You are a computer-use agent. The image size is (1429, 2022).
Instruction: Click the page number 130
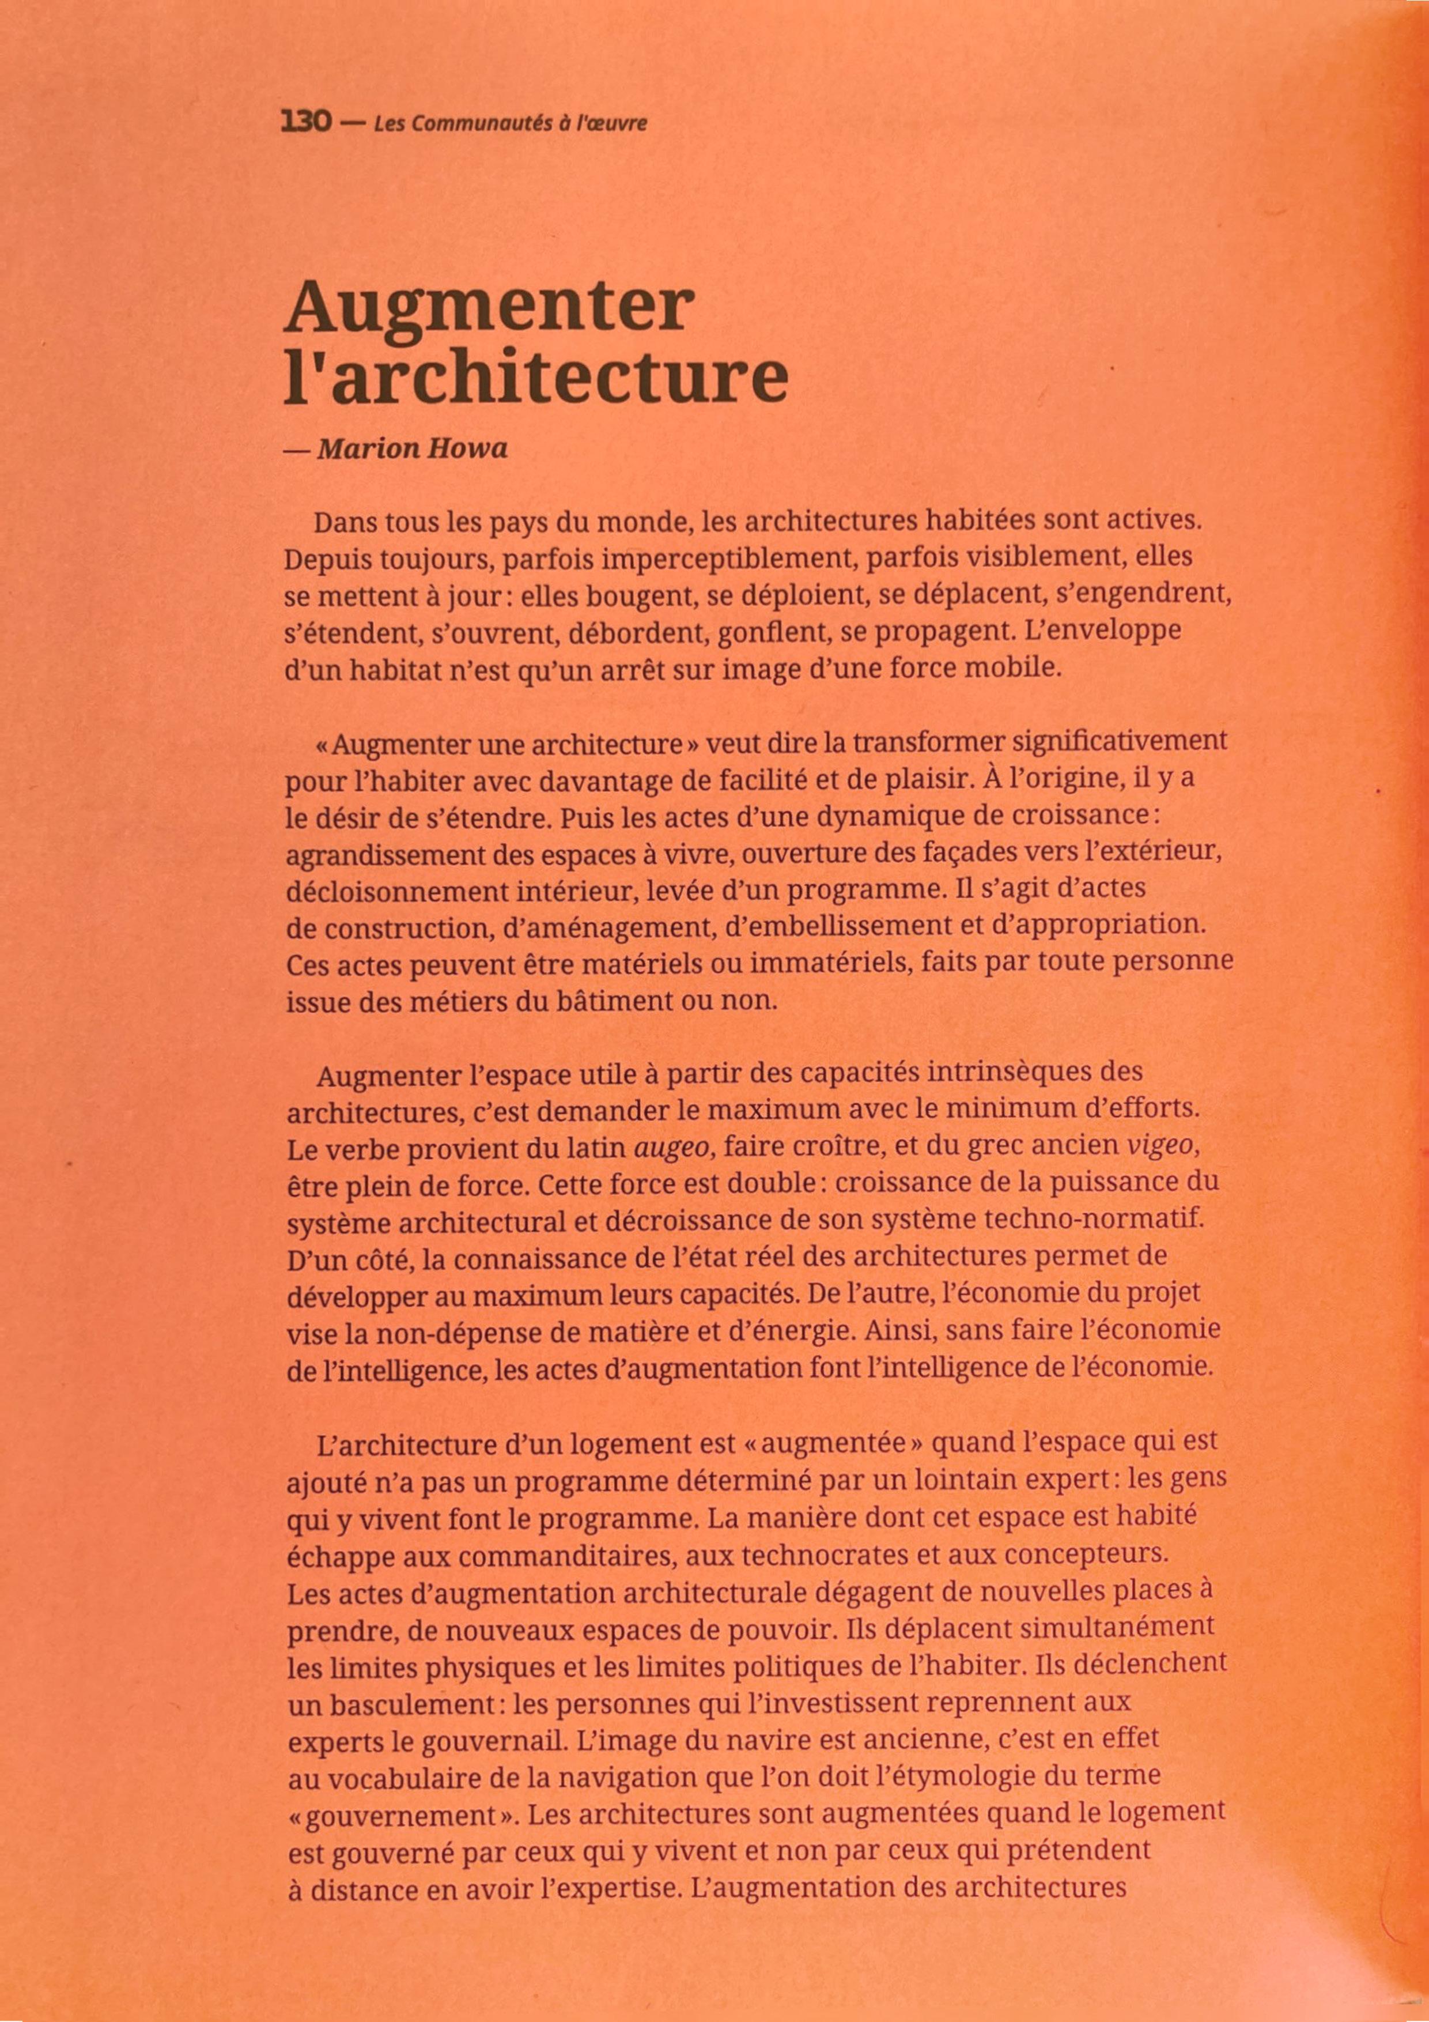(x=305, y=122)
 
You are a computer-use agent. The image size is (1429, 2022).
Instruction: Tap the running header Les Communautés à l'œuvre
(x=510, y=123)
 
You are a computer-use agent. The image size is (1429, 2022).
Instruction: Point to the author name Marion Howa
(x=412, y=449)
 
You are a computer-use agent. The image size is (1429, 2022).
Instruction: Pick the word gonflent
(x=773, y=633)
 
